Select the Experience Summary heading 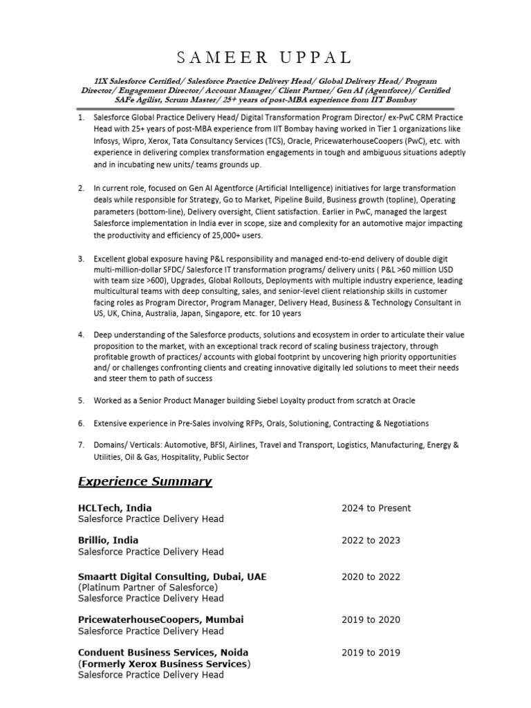click(x=145, y=481)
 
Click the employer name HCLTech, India click(x=115, y=508)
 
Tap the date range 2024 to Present click(x=376, y=508)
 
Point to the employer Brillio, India click(x=109, y=540)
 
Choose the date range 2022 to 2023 click(x=371, y=540)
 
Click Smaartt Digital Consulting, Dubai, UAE click(x=172, y=577)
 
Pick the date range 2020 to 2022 click(x=371, y=577)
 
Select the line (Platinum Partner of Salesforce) click(x=148, y=587)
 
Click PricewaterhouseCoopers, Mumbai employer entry click(x=160, y=619)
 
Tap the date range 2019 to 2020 click(x=371, y=619)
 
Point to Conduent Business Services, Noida click(x=163, y=652)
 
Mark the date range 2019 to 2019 click(x=371, y=652)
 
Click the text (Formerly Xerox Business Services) click(x=165, y=664)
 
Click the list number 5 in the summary click(x=81, y=400)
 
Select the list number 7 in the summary click(x=81, y=445)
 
